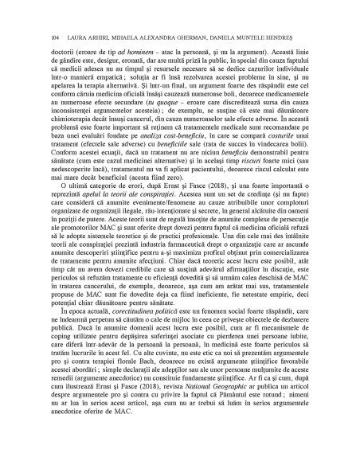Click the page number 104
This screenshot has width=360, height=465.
(54, 37)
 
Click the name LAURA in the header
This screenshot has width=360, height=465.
(77, 37)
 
